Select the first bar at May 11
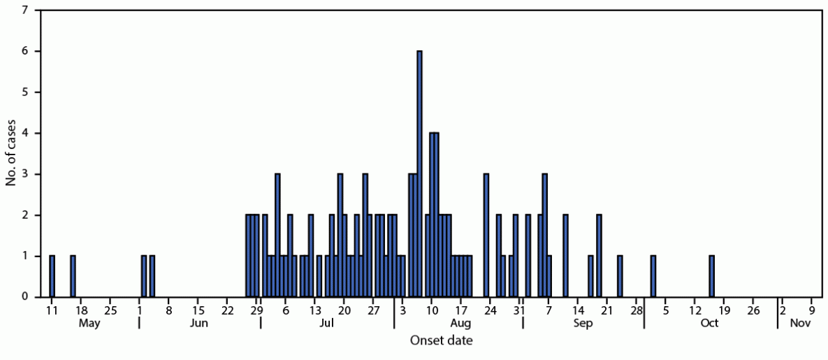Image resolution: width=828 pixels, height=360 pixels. tap(52, 276)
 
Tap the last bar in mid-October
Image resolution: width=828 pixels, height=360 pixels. tap(711, 276)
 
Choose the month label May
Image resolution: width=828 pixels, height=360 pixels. tap(89, 324)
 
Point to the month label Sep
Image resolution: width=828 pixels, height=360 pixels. tap(583, 324)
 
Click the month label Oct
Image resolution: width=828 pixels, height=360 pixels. tap(710, 324)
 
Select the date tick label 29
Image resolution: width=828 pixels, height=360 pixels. tap(257, 310)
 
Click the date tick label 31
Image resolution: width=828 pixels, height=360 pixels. tap(520, 310)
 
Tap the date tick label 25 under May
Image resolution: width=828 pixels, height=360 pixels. tap(110, 310)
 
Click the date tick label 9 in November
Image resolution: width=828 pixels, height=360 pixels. tap(812, 310)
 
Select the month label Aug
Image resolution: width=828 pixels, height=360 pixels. tap(460, 324)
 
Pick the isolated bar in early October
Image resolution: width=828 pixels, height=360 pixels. tap(653, 276)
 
